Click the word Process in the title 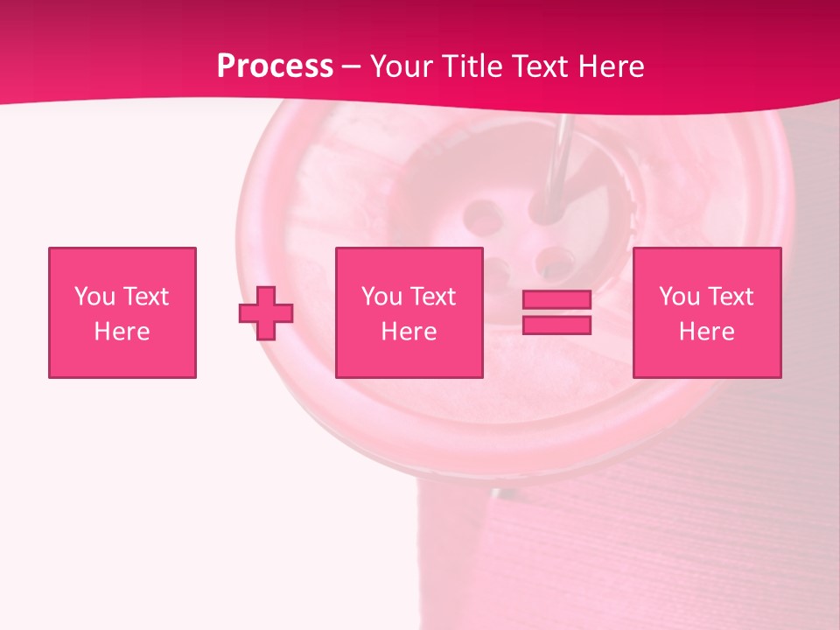275,66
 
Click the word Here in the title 611,66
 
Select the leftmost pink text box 122,312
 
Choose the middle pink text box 409,312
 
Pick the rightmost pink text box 707,312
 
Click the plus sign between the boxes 266,312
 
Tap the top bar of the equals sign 556,300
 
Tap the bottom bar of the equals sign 556,325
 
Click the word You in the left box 94,297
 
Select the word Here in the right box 707,332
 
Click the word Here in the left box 122,332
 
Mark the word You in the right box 679,297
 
